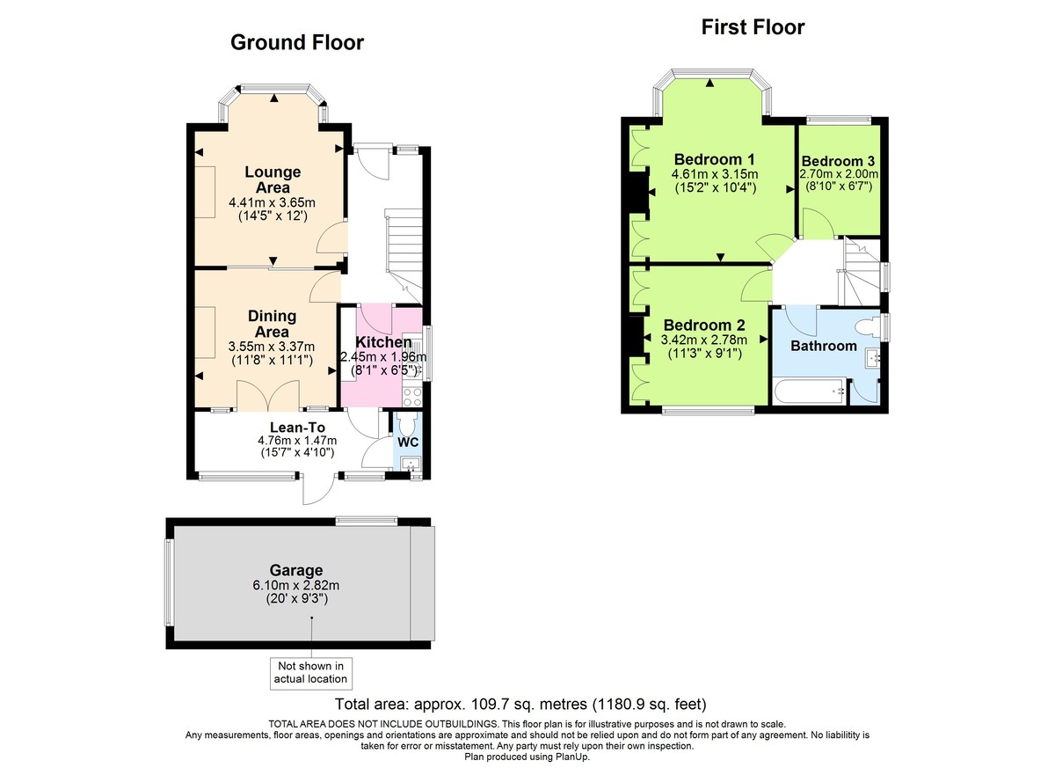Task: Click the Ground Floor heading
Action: point(296,42)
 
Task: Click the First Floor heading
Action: point(753,27)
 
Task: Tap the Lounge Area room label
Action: point(272,179)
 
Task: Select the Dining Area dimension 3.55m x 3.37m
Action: point(271,347)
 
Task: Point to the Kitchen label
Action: point(382,342)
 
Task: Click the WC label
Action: point(408,442)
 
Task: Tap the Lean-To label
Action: point(286,427)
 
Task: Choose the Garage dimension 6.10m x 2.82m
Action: point(296,586)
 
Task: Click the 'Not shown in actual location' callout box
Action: point(310,672)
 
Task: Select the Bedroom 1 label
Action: point(714,159)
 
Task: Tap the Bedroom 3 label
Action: point(838,161)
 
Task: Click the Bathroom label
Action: point(823,346)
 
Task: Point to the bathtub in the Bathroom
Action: point(810,389)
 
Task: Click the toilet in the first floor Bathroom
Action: point(870,327)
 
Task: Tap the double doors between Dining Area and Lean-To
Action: point(268,395)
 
